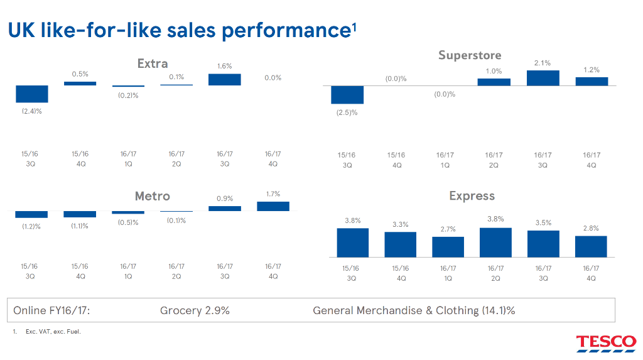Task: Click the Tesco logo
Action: coord(606,344)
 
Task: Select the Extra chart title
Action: coord(153,63)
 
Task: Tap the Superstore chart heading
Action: coord(470,55)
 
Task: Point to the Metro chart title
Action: coord(153,196)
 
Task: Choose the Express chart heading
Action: coord(472,196)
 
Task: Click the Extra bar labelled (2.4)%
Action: coord(32,94)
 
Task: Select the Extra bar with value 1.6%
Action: coord(225,80)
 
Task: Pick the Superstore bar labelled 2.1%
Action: coord(543,78)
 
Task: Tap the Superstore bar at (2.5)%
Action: coord(347,95)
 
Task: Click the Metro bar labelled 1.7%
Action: coord(273,206)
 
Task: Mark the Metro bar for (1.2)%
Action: coord(31,214)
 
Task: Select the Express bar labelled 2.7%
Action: coord(448,247)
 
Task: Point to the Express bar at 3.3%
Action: coord(400,244)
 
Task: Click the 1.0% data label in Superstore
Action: coord(494,71)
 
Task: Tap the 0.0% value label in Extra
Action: coord(273,77)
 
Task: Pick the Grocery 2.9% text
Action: coord(195,311)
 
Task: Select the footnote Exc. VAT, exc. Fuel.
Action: coord(53,332)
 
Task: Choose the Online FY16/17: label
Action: coord(51,311)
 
